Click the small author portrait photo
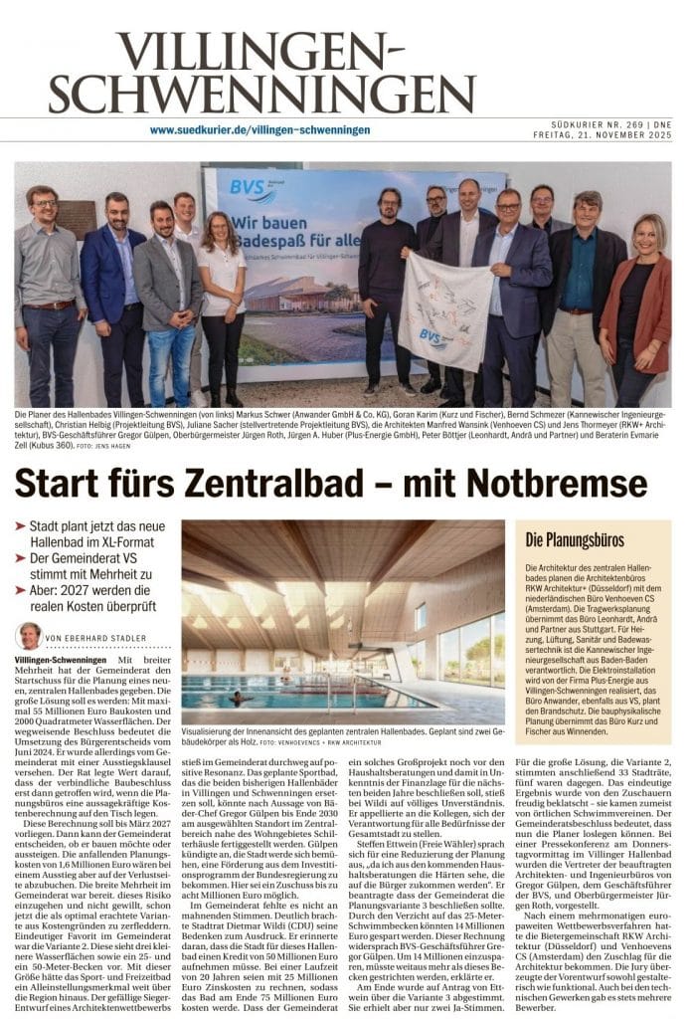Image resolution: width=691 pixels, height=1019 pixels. tap(29, 636)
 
